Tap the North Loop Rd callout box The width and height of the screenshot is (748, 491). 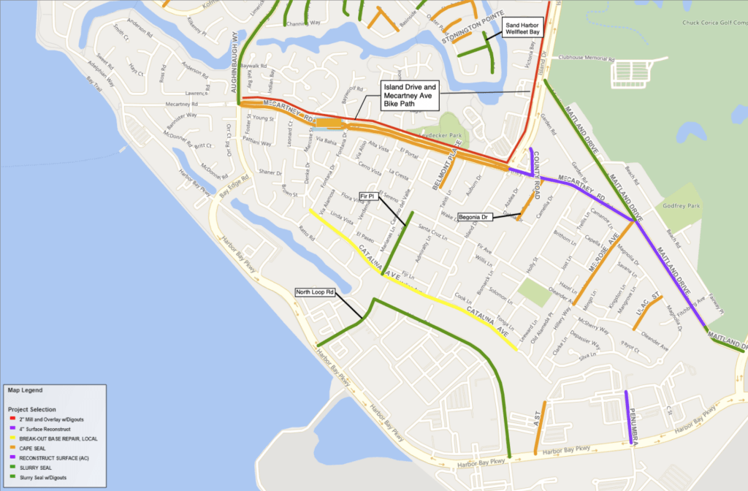315,292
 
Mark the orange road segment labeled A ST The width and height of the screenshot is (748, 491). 539,428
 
